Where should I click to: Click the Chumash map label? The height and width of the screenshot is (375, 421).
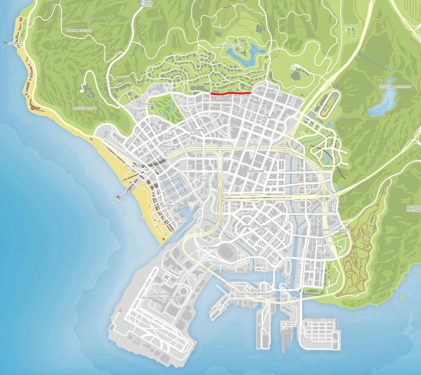pos(15,44)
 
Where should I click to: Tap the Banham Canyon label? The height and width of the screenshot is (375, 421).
pos(78,31)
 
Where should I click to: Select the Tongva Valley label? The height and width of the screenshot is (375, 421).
pos(147,4)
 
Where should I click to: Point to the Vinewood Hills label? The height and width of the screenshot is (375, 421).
pos(229,46)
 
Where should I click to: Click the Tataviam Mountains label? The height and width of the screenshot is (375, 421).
pos(395,87)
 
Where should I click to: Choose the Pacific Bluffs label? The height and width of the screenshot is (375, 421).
pos(85,108)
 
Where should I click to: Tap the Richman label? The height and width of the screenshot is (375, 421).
pos(149,104)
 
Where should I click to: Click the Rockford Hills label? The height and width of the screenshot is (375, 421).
pos(194,132)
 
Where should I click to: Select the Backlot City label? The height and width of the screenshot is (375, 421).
pos(169,148)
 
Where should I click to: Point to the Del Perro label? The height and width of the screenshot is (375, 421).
pos(133,166)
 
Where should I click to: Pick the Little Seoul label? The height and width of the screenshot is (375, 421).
pos(204,178)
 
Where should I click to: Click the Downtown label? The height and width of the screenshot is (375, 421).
pos(255,171)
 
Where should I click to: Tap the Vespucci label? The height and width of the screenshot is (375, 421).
pos(171,205)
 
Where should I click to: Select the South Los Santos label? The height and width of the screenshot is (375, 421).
pos(259,226)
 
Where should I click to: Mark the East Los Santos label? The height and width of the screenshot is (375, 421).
pos(337,230)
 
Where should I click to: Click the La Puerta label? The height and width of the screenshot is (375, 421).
pos(211,248)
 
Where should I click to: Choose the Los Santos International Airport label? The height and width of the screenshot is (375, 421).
pos(160,296)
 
